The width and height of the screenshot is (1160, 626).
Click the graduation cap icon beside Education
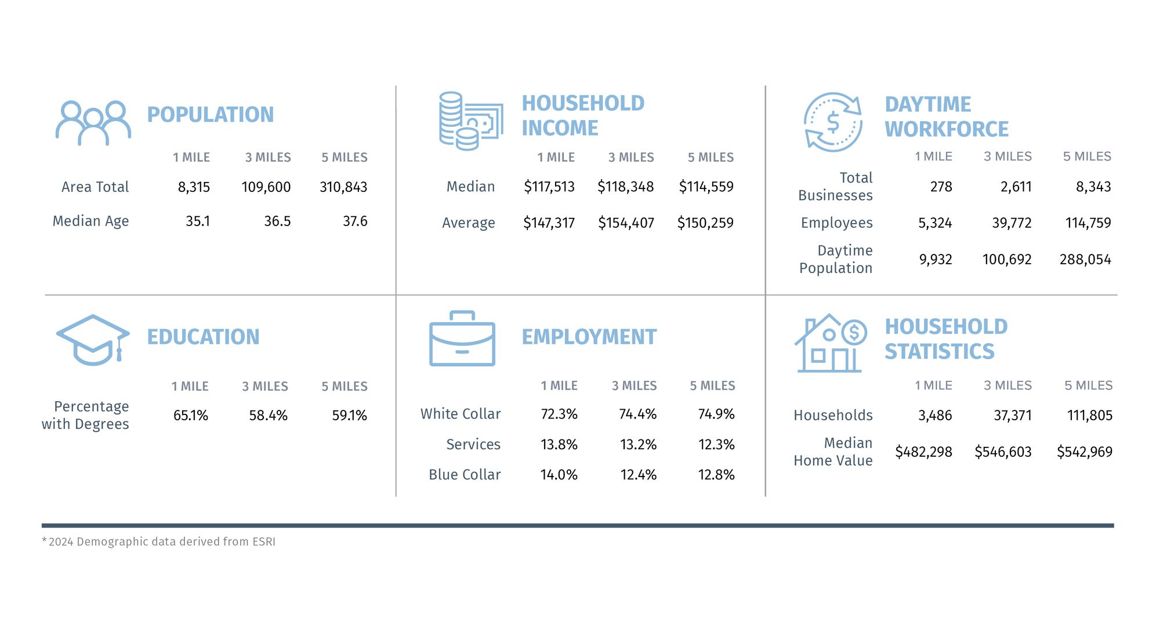[x=93, y=340]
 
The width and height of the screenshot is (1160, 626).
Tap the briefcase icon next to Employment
[x=462, y=339]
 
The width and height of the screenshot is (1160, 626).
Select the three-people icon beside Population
[x=93, y=123]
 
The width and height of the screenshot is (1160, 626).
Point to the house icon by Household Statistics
[x=830, y=344]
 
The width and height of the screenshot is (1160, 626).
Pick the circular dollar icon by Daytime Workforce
[x=833, y=122]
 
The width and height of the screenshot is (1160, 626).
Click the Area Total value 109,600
[x=266, y=187]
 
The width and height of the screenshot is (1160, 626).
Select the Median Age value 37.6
[x=355, y=221]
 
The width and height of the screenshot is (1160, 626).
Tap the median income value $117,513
[x=549, y=187]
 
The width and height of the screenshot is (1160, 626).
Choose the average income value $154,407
[x=626, y=223]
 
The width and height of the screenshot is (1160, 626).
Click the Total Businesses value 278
[x=941, y=187]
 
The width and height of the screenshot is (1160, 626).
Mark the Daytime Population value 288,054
[x=1085, y=260]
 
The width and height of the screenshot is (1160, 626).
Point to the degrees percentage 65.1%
[x=191, y=416]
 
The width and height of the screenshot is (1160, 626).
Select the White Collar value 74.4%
[x=637, y=414]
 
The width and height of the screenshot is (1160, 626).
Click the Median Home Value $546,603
[x=1003, y=452]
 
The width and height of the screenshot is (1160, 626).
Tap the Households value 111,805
[x=1089, y=416]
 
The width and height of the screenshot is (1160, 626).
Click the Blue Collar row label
[x=465, y=475]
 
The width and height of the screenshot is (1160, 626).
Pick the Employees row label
[x=836, y=223]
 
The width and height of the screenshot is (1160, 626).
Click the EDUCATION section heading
[x=203, y=337]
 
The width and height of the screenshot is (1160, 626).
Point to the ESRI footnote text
[x=159, y=542]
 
